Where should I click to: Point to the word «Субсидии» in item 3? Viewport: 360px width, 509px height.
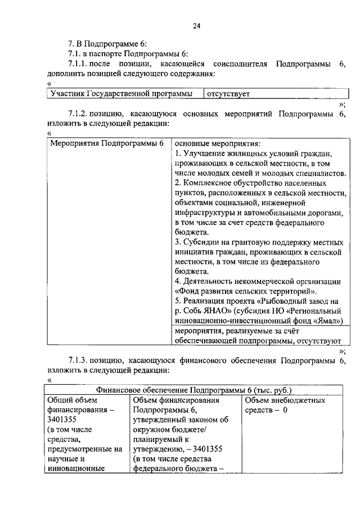click(x=199, y=242)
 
